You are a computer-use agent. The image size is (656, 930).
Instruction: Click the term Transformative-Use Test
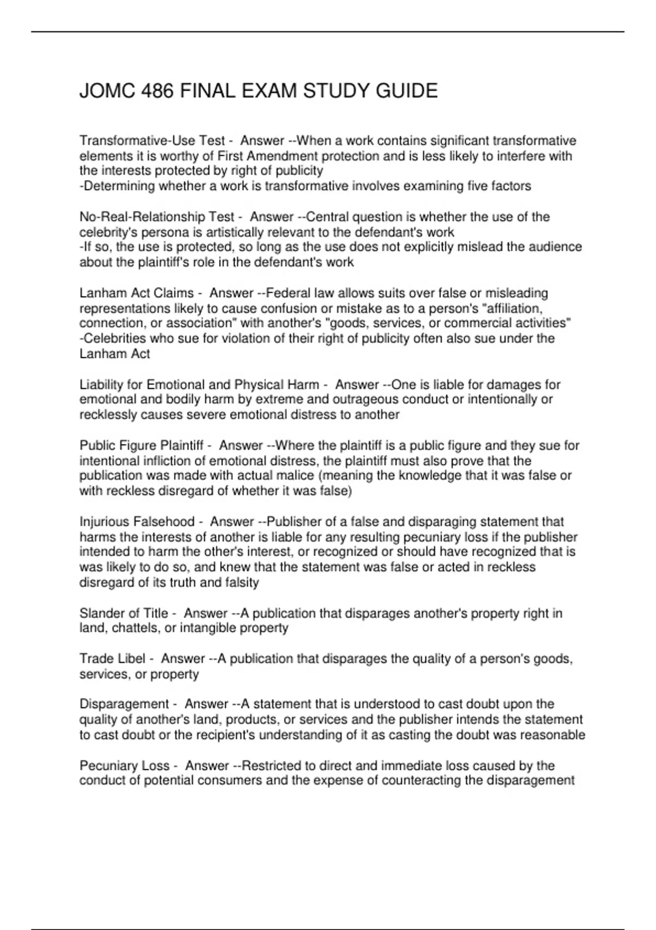(153, 141)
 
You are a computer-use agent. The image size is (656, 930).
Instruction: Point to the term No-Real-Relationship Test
(157, 217)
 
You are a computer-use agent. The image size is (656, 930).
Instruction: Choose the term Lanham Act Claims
(137, 293)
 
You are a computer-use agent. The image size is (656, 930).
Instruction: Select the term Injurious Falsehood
(137, 522)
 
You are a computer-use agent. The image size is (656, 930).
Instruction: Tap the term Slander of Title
(124, 613)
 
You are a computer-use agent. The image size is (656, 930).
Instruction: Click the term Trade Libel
(113, 659)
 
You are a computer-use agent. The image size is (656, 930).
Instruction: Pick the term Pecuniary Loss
(125, 765)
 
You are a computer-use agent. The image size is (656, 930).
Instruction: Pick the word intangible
(214, 628)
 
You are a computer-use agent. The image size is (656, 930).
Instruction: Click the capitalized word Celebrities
(114, 339)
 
